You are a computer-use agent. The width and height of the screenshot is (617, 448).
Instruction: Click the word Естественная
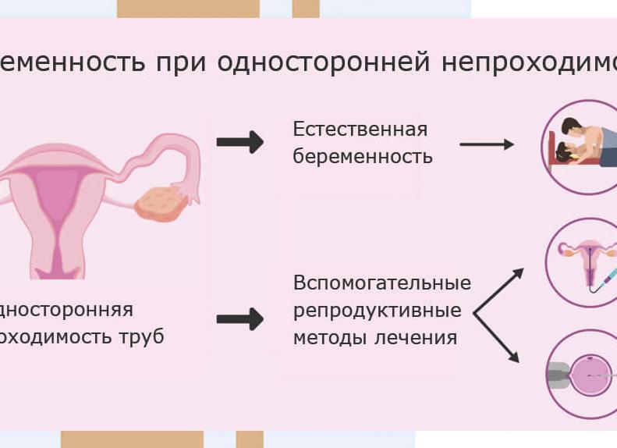360,129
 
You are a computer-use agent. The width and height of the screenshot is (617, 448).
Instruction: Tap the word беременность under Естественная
363,156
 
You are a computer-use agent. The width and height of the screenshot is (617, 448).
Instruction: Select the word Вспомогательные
382,282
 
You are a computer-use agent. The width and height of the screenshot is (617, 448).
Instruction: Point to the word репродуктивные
377,310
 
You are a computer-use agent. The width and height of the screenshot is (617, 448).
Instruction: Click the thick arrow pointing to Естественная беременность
239,142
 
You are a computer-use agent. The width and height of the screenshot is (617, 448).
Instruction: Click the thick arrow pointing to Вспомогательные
239,319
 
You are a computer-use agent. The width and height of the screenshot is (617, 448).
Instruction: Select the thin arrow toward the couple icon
487,144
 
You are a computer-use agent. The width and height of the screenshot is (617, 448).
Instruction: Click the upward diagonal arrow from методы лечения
499,288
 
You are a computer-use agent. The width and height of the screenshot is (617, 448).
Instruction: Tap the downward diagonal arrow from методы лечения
499,337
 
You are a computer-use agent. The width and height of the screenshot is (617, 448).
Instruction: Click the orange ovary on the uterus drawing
161,202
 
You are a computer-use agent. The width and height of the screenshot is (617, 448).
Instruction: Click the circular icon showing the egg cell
582,375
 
